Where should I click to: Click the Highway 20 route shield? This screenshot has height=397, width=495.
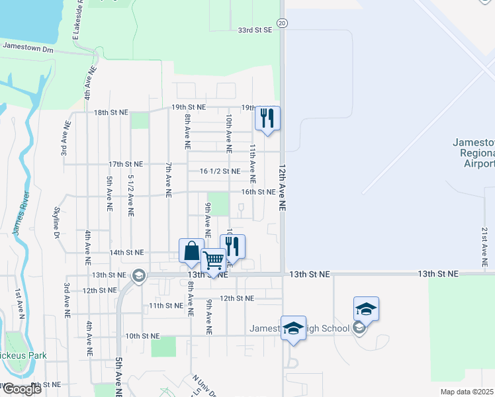click(282, 23)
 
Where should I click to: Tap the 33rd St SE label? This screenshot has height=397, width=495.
click(255, 30)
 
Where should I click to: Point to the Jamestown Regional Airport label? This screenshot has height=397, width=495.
click(473, 153)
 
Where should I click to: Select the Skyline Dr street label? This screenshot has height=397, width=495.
click(56, 222)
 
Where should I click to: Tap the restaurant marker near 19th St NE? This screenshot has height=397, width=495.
click(268, 118)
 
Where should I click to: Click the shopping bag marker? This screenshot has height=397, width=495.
click(191, 251)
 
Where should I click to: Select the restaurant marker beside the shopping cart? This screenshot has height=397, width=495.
click(232, 247)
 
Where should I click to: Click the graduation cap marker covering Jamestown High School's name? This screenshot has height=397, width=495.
click(293, 328)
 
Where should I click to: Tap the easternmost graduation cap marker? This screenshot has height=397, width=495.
click(366, 309)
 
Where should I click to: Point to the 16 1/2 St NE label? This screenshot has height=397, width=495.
click(219, 171)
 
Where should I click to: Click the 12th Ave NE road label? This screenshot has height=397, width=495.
click(283, 188)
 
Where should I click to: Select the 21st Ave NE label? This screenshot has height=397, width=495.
click(485, 242)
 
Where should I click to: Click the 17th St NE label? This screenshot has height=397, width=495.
click(126, 163)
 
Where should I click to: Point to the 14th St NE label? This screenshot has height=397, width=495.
click(126, 252)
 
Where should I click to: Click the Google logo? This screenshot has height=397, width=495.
click(22, 389)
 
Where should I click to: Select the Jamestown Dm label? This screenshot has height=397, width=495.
click(28, 48)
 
